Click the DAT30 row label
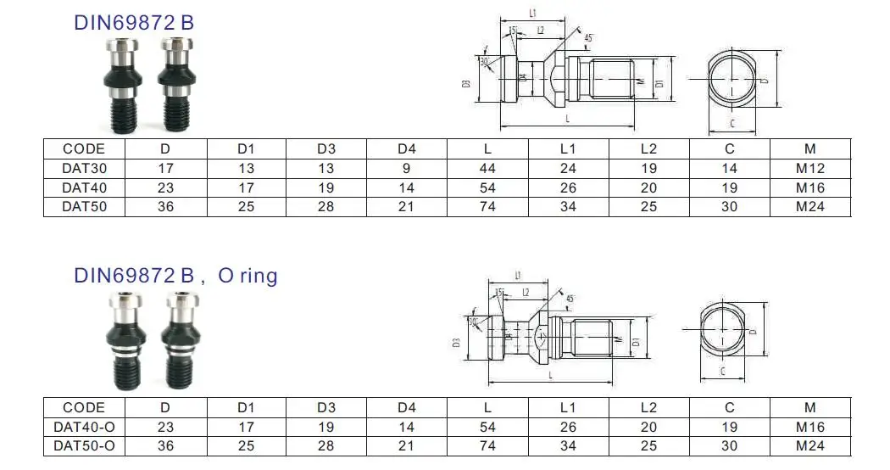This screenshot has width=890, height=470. click(84, 168)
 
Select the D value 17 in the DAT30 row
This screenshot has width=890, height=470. click(166, 168)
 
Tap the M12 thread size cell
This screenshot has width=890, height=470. click(809, 168)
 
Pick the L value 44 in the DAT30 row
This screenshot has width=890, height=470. click(487, 168)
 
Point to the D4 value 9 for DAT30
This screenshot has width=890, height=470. click(407, 168)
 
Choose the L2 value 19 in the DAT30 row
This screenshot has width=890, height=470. click(649, 168)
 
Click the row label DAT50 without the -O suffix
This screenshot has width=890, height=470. click(84, 205)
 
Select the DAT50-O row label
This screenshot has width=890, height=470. click(84, 445)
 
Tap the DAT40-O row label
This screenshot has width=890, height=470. click(84, 427)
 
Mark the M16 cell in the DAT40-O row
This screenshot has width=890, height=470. click(809, 427)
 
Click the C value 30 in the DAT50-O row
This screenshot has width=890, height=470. click(730, 445)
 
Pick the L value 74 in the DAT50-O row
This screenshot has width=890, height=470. click(487, 445)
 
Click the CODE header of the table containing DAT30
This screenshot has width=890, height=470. click(84, 149)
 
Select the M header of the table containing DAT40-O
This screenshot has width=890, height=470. click(809, 408)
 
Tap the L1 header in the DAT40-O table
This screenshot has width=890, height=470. click(568, 408)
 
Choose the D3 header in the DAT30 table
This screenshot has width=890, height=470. click(326, 149)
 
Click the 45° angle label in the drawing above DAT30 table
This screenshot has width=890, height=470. click(589, 37)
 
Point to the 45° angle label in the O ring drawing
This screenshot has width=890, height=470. click(570, 299)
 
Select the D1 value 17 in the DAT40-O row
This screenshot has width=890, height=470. click(246, 427)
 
